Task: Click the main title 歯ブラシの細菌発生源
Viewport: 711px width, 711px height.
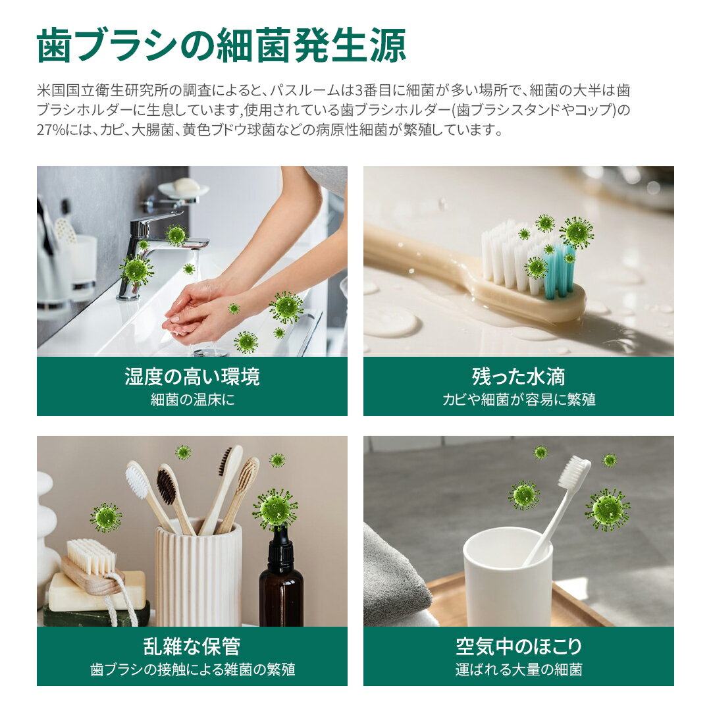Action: coord(221,45)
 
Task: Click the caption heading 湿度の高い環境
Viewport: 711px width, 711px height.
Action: coord(192,377)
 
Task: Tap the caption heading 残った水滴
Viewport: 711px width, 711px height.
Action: coord(518,377)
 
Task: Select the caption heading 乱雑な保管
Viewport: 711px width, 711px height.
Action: coord(192,646)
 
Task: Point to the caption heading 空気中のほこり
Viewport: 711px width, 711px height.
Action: coord(519,646)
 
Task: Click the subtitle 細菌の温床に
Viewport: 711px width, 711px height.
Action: coord(193,400)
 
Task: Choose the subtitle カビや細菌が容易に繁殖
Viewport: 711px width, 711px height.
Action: coord(519,400)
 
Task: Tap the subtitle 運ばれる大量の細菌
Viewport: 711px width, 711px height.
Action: coord(519,670)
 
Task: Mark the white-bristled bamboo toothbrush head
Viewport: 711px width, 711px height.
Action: coord(138,481)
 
